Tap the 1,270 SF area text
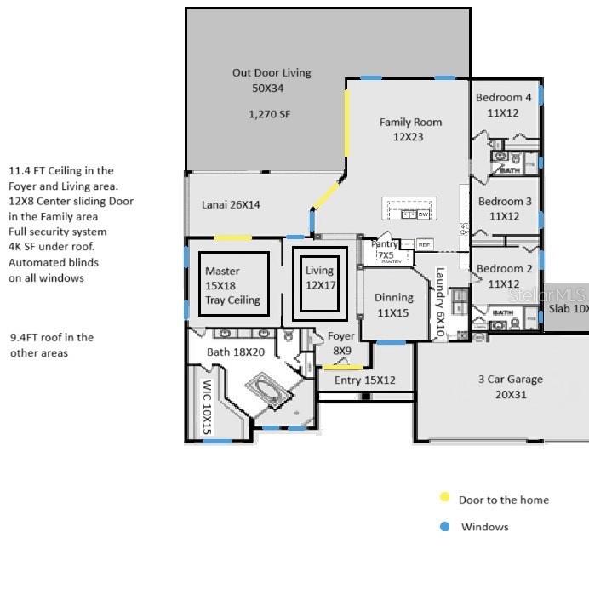[x=272, y=113]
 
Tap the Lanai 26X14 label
[x=231, y=205]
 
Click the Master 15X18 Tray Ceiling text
[x=232, y=285]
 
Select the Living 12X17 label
[x=320, y=277]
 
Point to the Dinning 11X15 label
[x=394, y=305]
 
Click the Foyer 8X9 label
[x=341, y=342]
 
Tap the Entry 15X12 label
[x=364, y=380]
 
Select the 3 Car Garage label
[x=510, y=386]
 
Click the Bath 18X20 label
[x=236, y=352]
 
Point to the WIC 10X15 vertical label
[x=206, y=407]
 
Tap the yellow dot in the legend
[x=444, y=499]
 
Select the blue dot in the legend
[x=444, y=527]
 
